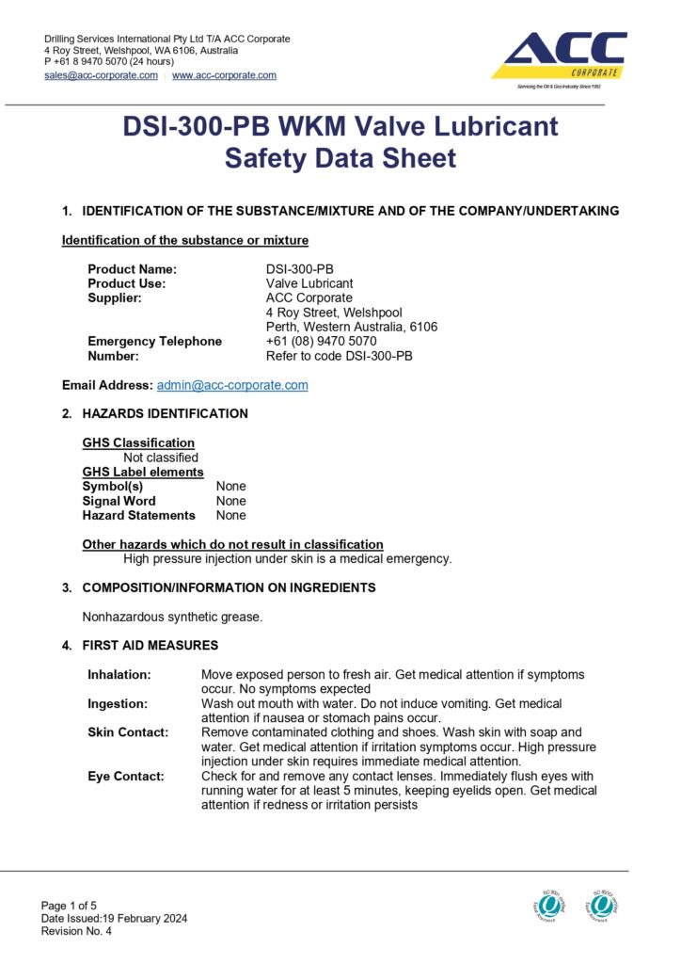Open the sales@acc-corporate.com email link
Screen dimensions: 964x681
101,75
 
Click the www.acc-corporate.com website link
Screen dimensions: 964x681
224,75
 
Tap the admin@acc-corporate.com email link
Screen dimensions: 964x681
232,385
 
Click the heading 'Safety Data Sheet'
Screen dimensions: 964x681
340,158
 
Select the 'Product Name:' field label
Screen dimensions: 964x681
132,269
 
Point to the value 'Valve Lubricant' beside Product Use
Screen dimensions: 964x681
309,283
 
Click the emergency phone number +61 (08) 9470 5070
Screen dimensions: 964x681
321,342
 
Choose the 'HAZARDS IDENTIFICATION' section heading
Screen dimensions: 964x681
166,413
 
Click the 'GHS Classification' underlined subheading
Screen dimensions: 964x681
138,442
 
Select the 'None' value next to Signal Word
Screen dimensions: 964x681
231,501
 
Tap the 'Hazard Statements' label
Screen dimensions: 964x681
139,515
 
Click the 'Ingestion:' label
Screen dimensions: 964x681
118,703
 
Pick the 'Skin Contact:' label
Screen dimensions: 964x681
128,731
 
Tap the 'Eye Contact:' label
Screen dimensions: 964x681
125,777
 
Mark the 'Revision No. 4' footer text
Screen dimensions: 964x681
76,931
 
